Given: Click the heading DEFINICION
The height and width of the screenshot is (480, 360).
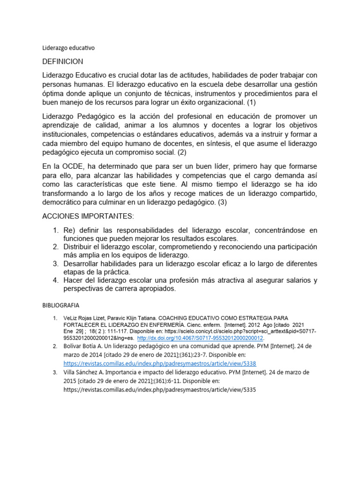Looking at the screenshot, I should [x=63, y=62].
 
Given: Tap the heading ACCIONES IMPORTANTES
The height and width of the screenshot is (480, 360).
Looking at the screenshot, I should [x=88, y=217].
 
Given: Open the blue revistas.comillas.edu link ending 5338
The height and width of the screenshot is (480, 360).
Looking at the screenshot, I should [x=160, y=363].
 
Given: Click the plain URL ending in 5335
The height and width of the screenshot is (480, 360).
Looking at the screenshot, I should [x=160, y=390].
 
